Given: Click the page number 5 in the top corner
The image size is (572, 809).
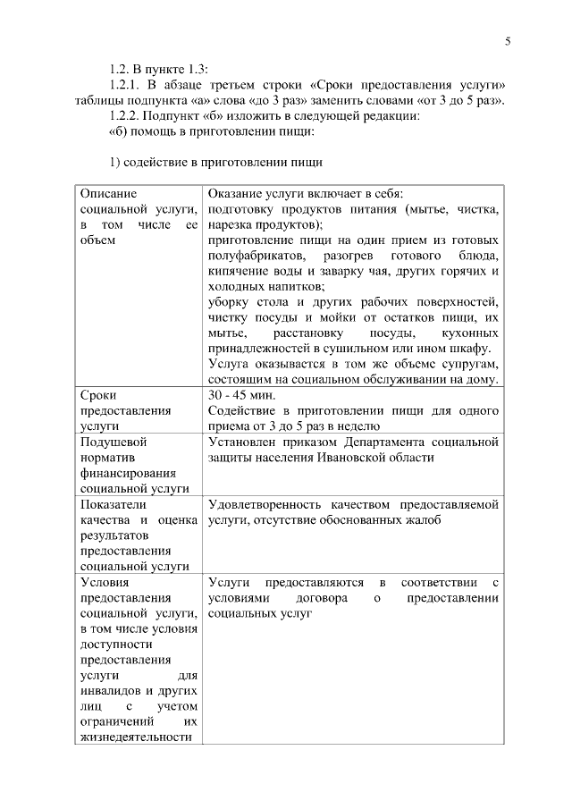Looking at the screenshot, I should click(508, 41).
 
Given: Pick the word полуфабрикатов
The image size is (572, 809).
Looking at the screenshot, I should click(251, 257).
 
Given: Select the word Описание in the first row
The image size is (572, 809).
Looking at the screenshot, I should click(108, 193).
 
